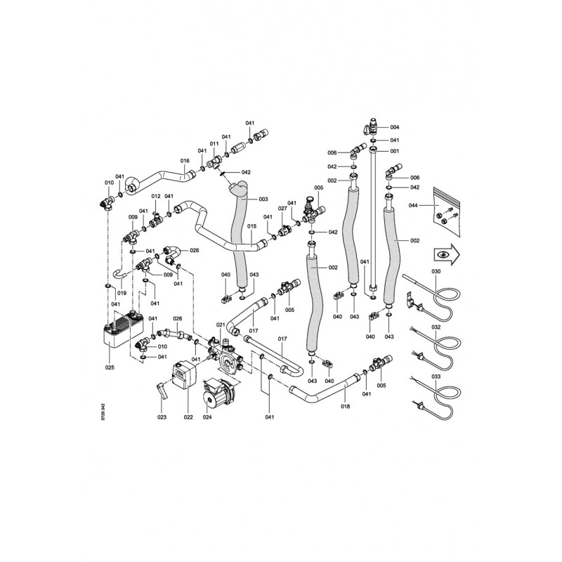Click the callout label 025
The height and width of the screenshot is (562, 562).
110,367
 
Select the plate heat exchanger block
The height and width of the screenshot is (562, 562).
124,332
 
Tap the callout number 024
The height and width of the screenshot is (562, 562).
207,417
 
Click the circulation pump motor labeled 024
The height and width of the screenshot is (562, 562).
218,393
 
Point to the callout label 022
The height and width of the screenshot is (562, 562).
188,417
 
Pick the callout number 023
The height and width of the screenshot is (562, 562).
162,417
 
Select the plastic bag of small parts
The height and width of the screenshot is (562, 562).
446,211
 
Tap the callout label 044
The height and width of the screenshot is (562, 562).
413,205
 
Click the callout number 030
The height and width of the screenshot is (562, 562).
436,271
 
